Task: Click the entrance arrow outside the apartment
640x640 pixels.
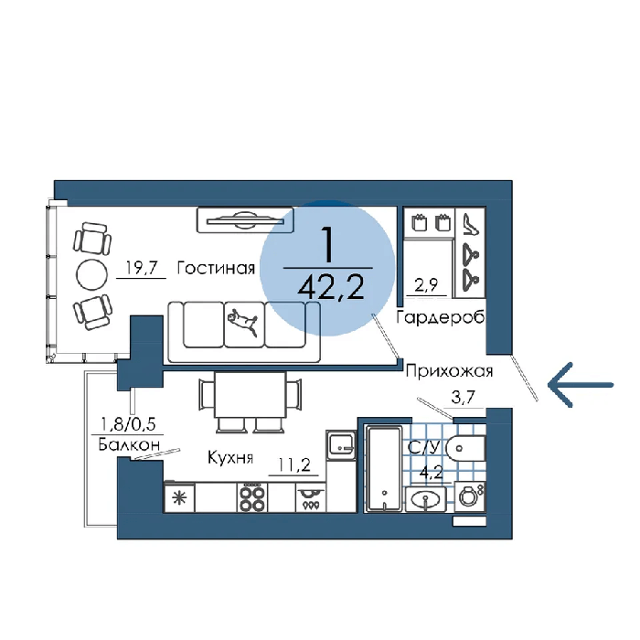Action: [581, 385]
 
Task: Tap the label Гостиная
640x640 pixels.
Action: [216, 268]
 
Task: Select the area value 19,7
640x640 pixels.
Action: [141, 268]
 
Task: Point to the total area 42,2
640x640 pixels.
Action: [331, 287]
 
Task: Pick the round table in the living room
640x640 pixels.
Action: [91, 274]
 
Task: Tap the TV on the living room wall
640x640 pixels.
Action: [245, 220]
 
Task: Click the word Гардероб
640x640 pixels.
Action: [441, 316]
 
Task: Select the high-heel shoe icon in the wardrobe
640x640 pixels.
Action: [470, 224]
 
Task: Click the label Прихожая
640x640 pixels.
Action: [450, 371]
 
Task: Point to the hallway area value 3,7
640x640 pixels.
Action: [464, 397]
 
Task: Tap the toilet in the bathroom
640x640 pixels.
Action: [465, 448]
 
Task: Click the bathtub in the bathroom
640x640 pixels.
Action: [384, 468]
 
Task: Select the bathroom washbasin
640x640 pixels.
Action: [426, 499]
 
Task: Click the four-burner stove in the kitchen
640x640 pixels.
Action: [251, 497]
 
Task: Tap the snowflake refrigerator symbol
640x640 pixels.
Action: [179, 498]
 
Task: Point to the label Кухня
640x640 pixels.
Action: [230, 457]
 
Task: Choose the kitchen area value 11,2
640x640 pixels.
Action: [293, 464]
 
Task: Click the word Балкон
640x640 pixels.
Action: [129, 444]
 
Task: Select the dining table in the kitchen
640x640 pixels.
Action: [250, 395]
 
